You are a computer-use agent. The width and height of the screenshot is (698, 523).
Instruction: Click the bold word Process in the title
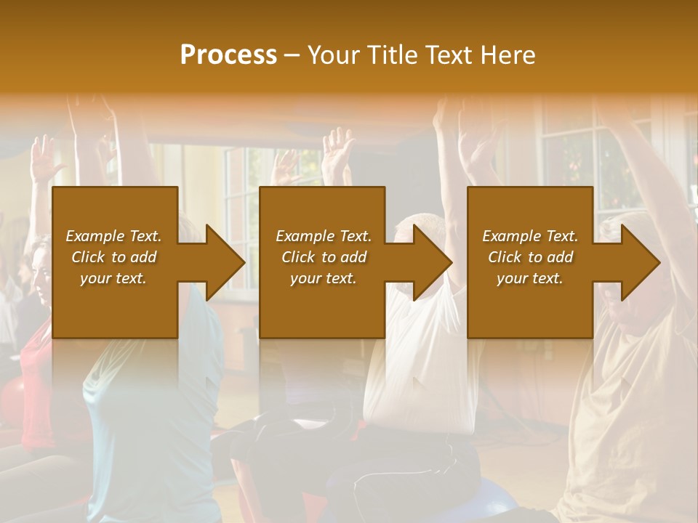click(228, 54)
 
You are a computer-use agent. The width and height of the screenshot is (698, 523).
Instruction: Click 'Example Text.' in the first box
click(113, 236)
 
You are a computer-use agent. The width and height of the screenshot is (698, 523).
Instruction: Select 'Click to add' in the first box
click(113, 257)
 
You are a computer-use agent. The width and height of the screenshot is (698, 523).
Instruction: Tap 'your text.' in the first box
click(113, 278)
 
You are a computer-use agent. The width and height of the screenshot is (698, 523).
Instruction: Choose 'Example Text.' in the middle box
click(324, 236)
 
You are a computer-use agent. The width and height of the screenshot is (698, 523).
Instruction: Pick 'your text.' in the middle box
click(324, 278)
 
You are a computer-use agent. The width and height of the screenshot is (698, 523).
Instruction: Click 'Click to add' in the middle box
click(324, 257)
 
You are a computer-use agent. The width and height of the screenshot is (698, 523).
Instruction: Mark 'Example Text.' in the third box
click(530, 236)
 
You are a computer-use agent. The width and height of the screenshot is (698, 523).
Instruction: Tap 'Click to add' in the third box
click(530, 257)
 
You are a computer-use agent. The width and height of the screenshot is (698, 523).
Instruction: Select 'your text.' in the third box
click(530, 278)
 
